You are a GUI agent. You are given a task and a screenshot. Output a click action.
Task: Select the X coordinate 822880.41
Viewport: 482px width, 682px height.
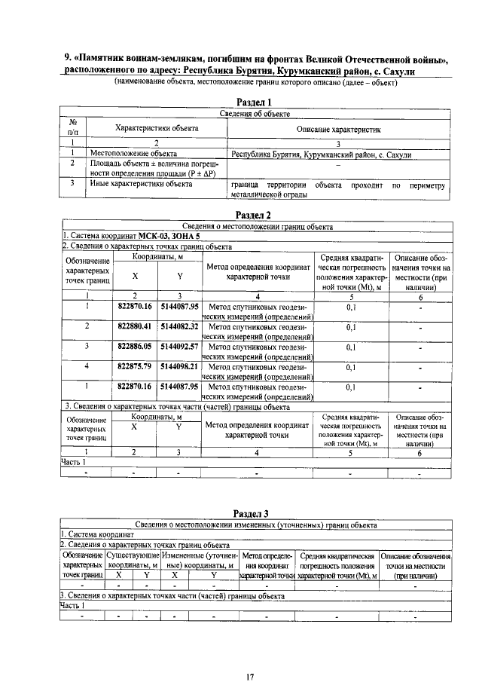point(136,326)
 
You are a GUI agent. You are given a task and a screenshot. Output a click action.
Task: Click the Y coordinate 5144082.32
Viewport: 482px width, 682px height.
point(179,326)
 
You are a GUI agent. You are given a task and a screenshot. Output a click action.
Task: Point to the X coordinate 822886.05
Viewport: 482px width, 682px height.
point(136,346)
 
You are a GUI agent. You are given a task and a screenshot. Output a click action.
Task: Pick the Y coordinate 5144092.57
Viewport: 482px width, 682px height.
point(179,346)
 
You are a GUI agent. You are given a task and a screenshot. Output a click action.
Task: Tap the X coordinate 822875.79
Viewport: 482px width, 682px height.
point(136,365)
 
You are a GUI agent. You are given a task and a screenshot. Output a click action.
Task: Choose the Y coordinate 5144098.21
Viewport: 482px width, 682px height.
point(179,365)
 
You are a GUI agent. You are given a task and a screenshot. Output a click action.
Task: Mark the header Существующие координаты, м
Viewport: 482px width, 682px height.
point(133,560)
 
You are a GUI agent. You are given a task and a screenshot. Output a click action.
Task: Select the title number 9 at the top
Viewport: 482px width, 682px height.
point(66,60)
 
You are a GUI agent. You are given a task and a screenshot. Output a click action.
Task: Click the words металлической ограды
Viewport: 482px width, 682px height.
point(269,194)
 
